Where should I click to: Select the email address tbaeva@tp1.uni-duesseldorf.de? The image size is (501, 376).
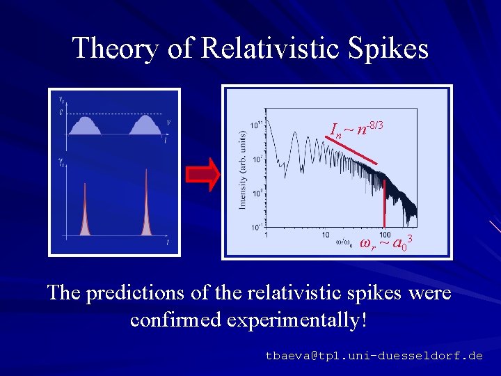(374, 355)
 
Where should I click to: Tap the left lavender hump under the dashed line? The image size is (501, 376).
(84, 125)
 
